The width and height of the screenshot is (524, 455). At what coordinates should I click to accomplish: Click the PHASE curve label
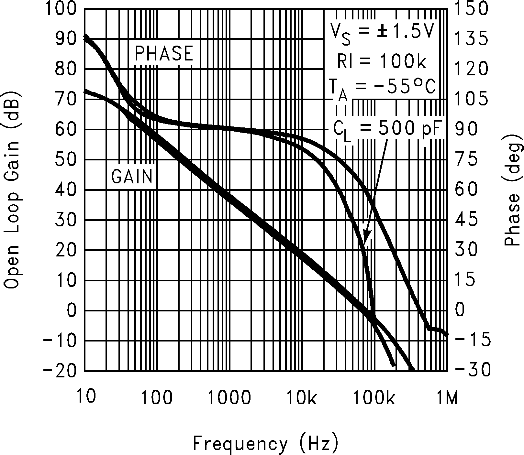tap(164, 54)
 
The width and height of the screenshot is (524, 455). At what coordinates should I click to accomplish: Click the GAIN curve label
tap(132, 177)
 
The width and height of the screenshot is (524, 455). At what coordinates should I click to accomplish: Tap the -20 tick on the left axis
tap(60, 371)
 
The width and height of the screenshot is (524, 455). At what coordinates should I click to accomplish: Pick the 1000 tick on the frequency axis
tap(229, 397)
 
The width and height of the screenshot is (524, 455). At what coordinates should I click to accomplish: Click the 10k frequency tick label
tap(302, 397)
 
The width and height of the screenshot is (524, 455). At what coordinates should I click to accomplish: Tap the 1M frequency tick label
tap(447, 397)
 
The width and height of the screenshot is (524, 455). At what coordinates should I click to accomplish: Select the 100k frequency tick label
tap(374, 397)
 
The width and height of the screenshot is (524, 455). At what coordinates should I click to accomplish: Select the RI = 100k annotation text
tap(382, 61)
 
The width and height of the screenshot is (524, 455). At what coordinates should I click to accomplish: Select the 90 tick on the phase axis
tap(466, 129)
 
